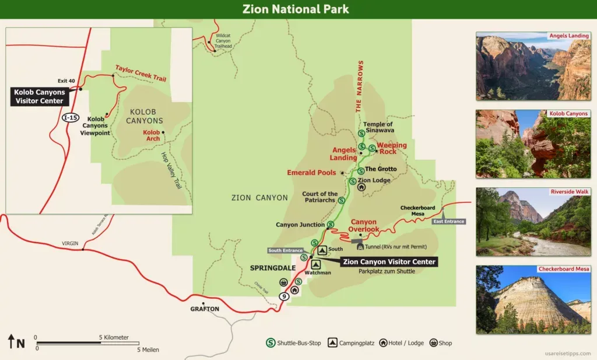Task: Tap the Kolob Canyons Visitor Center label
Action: click(x=40, y=96)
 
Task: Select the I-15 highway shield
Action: click(x=69, y=117)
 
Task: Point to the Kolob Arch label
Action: click(x=151, y=136)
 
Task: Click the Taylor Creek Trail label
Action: click(x=140, y=73)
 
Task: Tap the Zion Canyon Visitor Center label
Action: click(x=389, y=262)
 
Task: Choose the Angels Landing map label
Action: click(x=344, y=154)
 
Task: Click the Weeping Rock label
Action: click(x=391, y=148)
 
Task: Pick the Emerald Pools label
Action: click(x=311, y=173)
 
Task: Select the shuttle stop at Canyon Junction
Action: click(x=331, y=225)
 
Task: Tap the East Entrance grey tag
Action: click(x=448, y=221)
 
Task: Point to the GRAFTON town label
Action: click(x=204, y=309)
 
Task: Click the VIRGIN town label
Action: click(x=70, y=243)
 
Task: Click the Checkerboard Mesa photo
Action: click(x=533, y=299)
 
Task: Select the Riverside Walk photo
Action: click(x=533, y=222)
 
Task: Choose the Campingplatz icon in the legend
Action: click(x=332, y=343)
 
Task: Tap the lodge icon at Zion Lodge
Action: click(x=361, y=187)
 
